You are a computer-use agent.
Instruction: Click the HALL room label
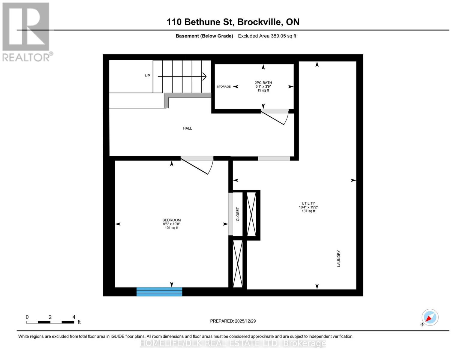coord(187,128)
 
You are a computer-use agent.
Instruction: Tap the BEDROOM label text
coord(171,220)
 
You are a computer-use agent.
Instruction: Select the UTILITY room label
coord(308,203)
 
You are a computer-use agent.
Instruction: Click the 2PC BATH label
coord(263,83)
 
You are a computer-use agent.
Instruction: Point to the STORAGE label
coord(224,87)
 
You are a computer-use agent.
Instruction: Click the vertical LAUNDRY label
coord(338,258)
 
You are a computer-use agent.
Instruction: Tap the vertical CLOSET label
coord(238,214)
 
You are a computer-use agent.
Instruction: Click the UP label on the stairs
coord(147,76)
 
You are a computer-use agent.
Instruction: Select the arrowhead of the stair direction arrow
coord(205,77)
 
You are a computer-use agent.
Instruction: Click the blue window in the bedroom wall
coord(159,292)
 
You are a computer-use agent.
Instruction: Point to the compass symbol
coord(430,317)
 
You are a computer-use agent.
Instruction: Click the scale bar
coord(50,322)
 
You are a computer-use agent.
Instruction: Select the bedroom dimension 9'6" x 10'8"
coord(171,224)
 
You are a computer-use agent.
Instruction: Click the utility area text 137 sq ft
coord(308,211)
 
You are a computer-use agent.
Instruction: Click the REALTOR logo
coord(26,32)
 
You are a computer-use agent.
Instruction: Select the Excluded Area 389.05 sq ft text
coord(267,36)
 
